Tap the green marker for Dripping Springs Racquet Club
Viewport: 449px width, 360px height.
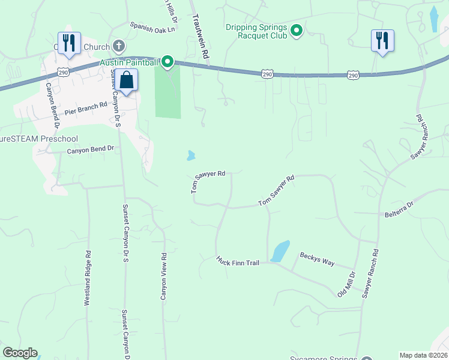pyautogui.click(x=297, y=29)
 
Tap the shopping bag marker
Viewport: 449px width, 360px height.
pyautogui.click(x=127, y=80)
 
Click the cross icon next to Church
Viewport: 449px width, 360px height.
pyautogui.click(x=119, y=46)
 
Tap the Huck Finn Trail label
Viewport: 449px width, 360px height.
pyautogui.click(x=238, y=262)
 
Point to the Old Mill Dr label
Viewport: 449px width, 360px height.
pyautogui.click(x=346, y=284)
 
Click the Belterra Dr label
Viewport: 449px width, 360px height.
pyautogui.click(x=399, y=209)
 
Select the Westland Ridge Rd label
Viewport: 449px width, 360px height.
pyautogui.click(x=88, y=278)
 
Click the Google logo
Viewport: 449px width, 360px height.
pyautogui.click(x=20, y=353)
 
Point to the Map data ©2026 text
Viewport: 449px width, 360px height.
pyautogui.click(x=423, y=355)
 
